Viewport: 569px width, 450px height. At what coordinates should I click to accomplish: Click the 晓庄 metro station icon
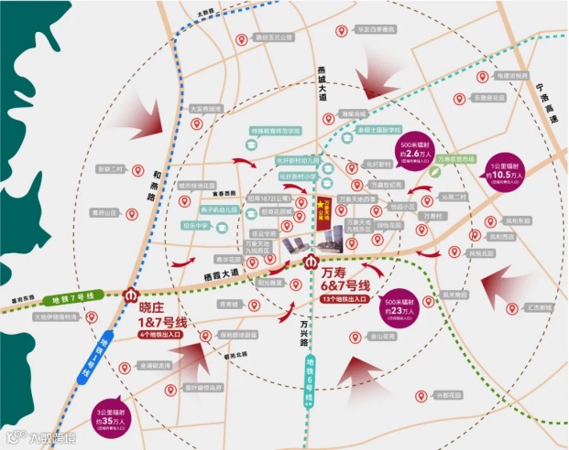pyautogui.click(x=128, y=295)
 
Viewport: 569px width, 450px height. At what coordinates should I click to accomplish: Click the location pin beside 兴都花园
pyautogui.click(x=420, y=396)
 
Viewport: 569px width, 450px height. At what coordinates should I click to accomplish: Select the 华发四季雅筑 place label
pyautogui.click(x=377, y=30)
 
